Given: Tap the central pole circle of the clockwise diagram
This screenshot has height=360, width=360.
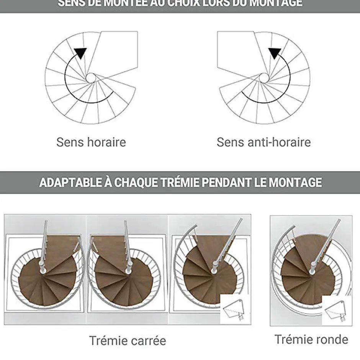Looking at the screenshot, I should [90, 78].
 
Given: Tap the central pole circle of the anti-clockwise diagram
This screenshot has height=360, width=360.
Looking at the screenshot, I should [263, 78].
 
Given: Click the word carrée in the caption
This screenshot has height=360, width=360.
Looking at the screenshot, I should [147, 340].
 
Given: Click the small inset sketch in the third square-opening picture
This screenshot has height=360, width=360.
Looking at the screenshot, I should [234, 309].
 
